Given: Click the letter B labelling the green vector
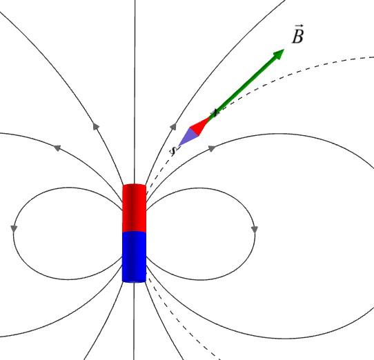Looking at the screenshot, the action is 297,37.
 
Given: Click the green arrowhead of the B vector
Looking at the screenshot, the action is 278,54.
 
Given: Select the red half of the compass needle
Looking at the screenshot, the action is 199,126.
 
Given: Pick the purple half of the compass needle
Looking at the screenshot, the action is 188,137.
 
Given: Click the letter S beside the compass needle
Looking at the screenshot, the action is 173,150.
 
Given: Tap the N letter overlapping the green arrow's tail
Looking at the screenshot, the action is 215,113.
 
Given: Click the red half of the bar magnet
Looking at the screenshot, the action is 134,208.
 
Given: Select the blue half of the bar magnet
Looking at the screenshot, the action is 134,257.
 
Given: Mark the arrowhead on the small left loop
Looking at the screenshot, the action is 14,228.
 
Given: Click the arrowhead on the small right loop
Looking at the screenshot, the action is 255,230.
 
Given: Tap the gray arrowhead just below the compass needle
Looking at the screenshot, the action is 212,148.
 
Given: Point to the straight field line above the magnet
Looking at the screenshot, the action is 135,92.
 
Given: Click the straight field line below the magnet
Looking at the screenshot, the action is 134,321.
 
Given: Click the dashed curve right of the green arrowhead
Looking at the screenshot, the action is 310,68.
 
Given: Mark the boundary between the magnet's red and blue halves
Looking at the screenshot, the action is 134,232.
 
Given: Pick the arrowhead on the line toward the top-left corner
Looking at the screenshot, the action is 96,126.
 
